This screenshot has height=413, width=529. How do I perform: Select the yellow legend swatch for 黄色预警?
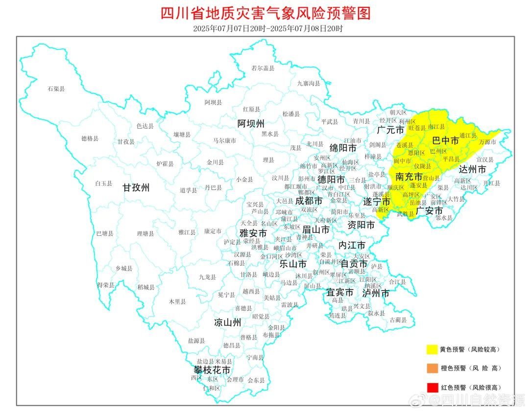click(x=432, y=349)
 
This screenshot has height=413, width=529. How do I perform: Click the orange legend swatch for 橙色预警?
click(x=432, y=368)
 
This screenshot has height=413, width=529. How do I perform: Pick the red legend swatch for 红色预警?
click(x=432, y=387)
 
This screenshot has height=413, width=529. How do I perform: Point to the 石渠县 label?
click(x=56, y=89)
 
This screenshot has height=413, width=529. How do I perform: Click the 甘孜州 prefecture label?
click(x=136, y=187)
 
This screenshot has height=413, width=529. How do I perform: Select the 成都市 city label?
click(x=309, y=201)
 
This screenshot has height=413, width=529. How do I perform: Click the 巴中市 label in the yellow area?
click(x=445, y=141)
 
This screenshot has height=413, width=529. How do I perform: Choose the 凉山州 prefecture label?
click(x=228, y=322)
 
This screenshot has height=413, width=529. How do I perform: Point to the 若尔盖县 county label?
click(x=263, y=69)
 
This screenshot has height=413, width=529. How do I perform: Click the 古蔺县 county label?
click(x=398, y=320)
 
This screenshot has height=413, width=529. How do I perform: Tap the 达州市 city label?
click(x=472, y=169)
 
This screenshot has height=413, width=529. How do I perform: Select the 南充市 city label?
click(x=409, y=177)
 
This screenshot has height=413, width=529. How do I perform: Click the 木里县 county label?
click(x=177, y=302)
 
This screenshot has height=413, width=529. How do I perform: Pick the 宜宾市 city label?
click(x=340, y=293)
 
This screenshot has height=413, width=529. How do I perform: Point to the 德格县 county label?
click(x=90, y=138)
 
